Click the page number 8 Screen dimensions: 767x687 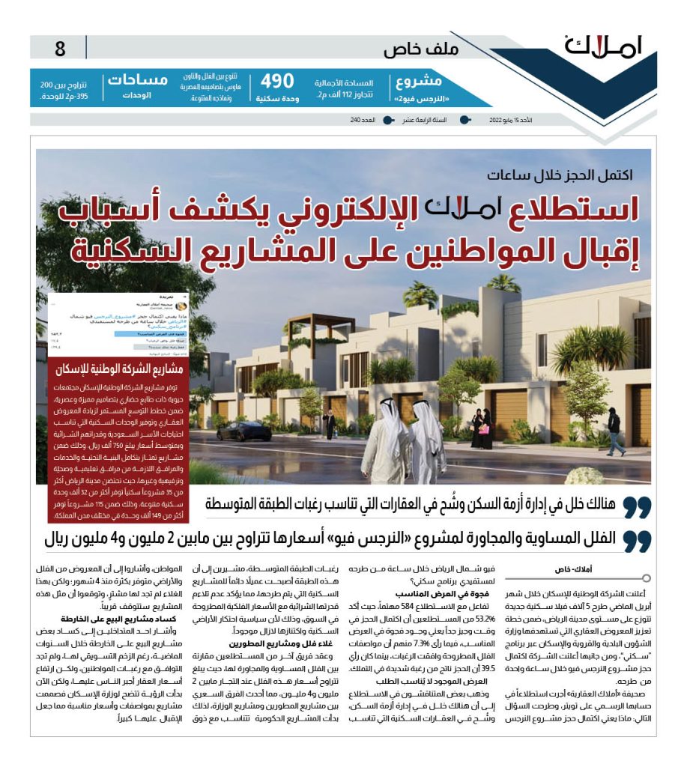60,50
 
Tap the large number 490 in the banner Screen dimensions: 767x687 276,82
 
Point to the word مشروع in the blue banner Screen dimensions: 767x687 438,81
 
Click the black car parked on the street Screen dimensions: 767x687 243,431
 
